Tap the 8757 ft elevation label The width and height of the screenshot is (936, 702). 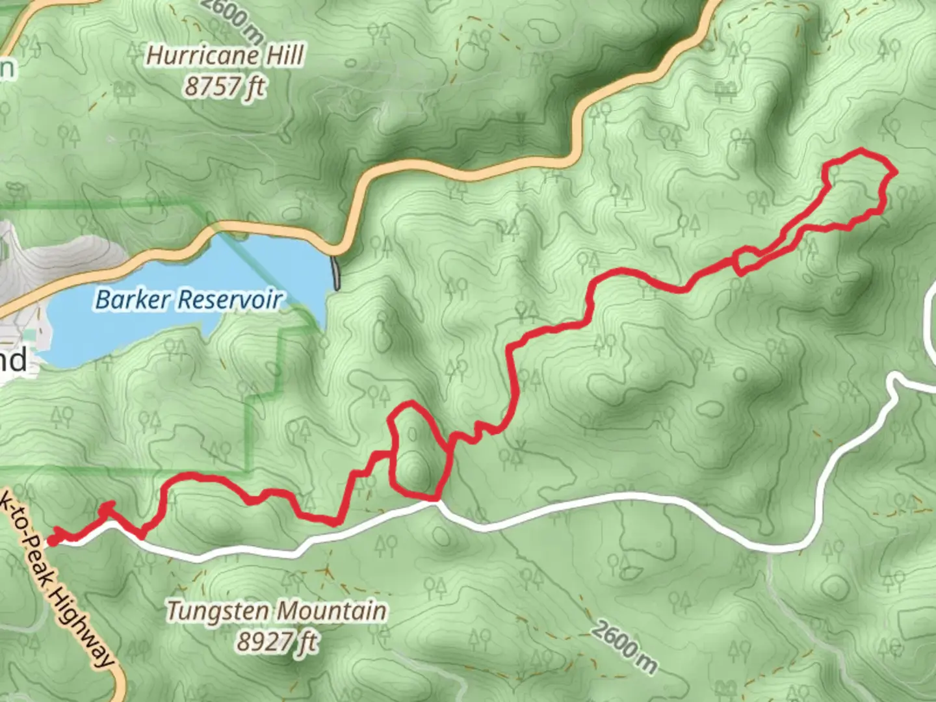225,87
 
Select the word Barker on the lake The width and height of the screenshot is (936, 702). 133,300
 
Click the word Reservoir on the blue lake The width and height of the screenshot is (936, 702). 230,300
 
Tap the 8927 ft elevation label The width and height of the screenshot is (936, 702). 276,642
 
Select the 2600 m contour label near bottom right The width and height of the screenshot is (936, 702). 624,647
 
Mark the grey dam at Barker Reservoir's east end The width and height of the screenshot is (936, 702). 336,273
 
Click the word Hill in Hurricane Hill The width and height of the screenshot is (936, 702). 285,56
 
